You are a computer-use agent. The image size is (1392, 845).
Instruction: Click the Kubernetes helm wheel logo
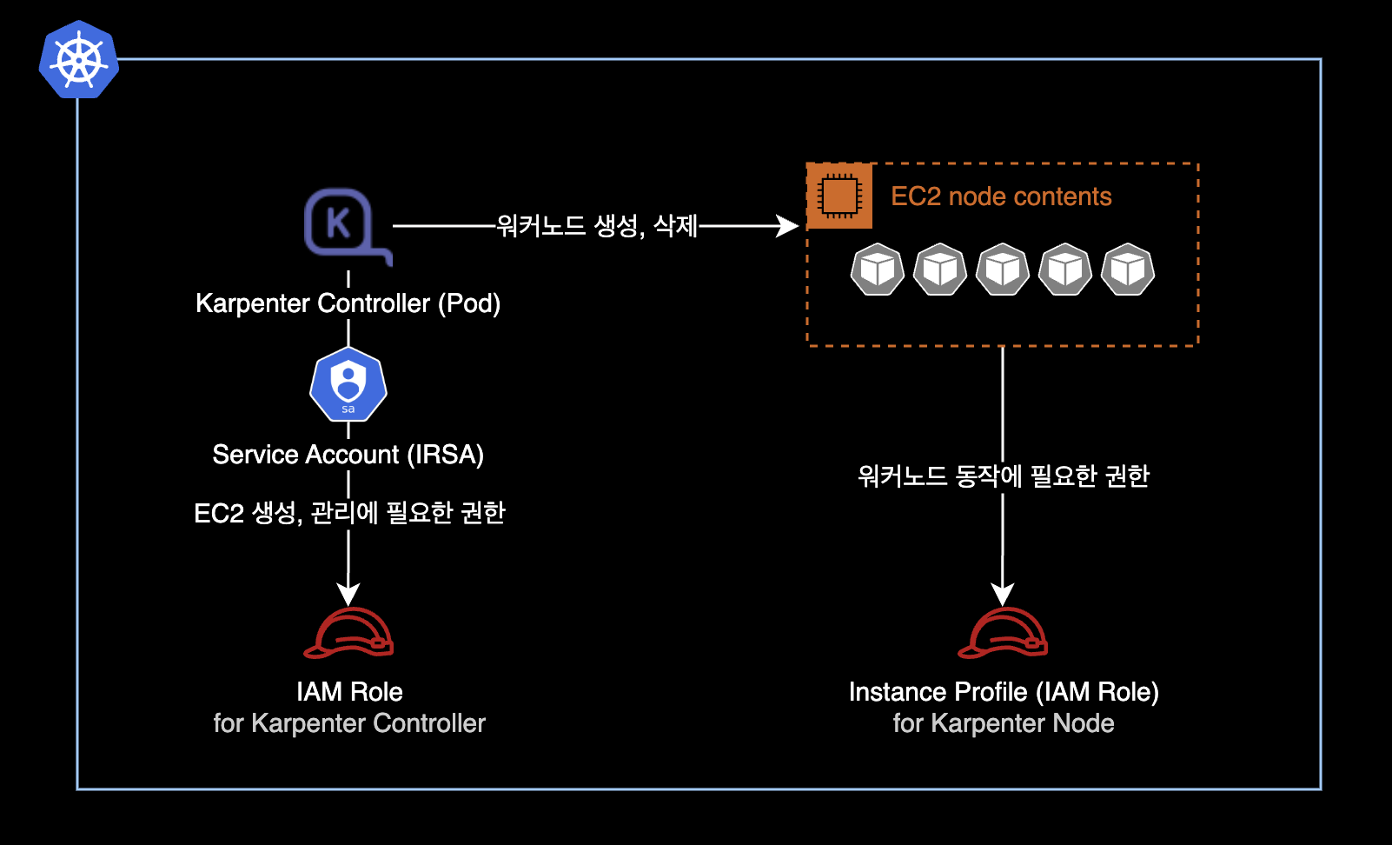(79, 59)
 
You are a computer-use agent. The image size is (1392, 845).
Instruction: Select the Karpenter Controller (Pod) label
(348, 303)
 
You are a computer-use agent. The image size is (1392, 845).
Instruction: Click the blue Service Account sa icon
(348, 384)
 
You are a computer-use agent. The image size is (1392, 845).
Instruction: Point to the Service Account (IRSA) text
(348, 455)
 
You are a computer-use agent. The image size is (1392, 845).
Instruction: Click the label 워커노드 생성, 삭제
(597, 226)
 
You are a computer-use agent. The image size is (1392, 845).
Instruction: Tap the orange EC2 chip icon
(839, 196)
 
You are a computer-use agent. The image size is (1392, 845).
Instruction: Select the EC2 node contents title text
(1001, 196)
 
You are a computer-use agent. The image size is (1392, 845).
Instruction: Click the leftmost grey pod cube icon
(878, 269)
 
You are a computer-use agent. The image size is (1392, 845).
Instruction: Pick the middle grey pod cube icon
(1003, 269)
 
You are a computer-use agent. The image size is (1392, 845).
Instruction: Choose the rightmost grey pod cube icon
(1128, 269)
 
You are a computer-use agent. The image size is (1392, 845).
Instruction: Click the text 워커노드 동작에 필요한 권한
(1003, 476)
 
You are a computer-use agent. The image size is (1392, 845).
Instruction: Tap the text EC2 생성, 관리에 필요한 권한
(349, 513)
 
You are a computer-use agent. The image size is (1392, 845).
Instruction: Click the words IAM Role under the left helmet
(349, 692)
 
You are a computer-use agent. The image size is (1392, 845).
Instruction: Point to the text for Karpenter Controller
(349, 723)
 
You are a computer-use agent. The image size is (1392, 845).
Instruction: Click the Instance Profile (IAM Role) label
(1004, 692)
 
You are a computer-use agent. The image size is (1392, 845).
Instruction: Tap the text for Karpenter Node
(1004, 723)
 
